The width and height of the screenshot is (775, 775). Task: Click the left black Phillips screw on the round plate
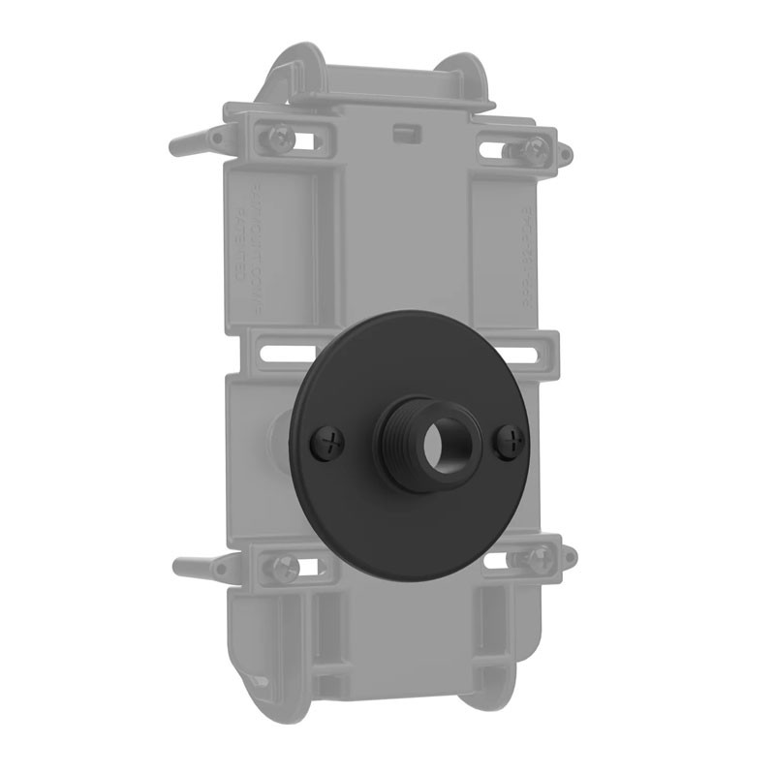330,444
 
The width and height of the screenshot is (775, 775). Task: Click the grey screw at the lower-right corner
539,559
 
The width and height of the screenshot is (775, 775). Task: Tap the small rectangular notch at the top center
404,130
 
